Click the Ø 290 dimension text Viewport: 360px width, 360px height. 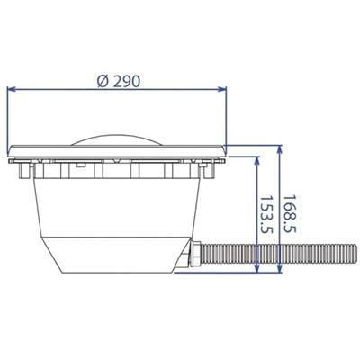pos(119,81)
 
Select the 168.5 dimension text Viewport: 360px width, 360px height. pos(290,214)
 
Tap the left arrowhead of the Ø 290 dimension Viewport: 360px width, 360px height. pos(12,89)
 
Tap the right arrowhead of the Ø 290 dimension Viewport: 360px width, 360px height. pos(222,89)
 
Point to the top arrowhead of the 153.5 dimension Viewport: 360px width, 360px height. pos(256,161)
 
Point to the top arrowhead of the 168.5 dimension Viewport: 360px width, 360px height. pos(280,149)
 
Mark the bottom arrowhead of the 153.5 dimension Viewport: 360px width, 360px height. pos(256,268)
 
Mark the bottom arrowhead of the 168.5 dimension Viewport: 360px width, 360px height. pos(280,268)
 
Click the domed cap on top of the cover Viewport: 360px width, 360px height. pos(117,140)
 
